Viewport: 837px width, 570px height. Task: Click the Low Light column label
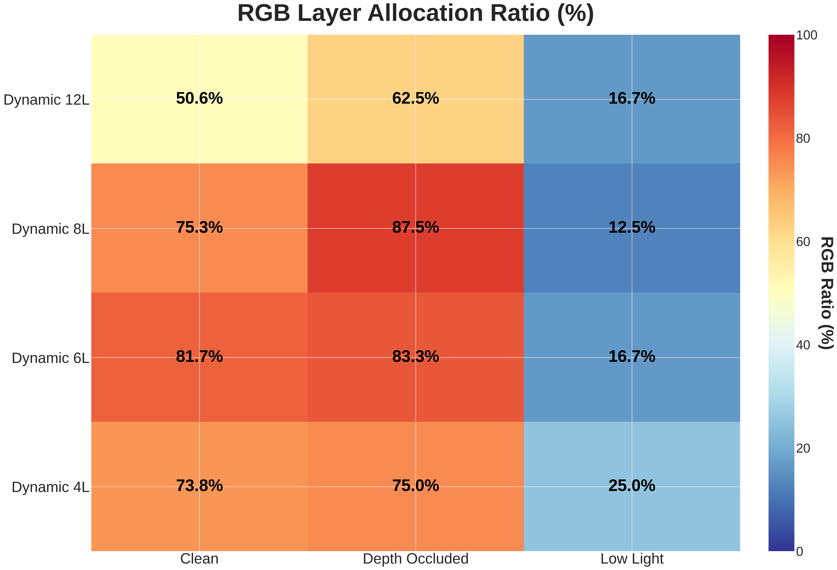coord(632,558)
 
